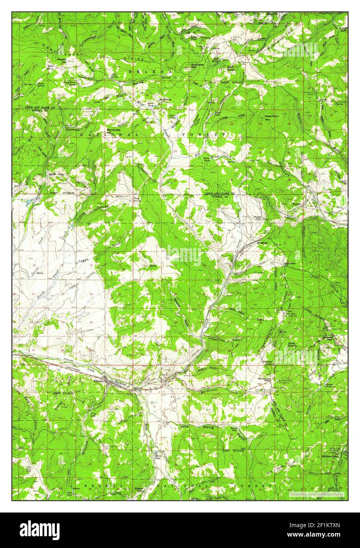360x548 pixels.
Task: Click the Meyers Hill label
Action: (62, 60)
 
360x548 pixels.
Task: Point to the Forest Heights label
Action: (292, 345)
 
